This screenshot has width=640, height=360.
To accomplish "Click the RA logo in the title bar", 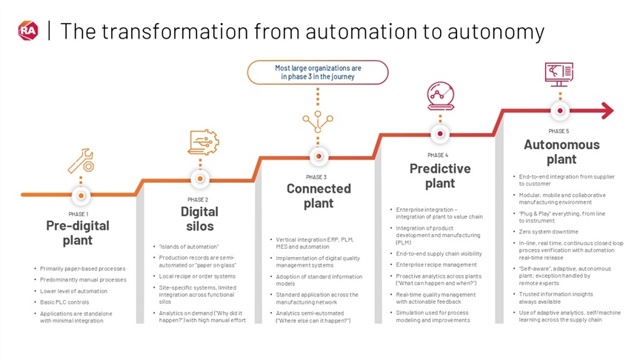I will point(27,30).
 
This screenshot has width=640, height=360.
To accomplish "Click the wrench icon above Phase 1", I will point(79,159).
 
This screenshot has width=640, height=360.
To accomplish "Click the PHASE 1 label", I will point(79,214).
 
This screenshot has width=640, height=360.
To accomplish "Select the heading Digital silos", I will point(199,219).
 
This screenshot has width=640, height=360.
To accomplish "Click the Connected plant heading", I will point(318,196).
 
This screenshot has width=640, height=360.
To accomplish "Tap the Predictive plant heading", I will point(440,176).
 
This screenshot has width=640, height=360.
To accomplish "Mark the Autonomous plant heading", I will point(561,152).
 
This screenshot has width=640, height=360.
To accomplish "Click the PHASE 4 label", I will point(438,155).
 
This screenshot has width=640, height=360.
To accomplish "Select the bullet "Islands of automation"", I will point(189,247).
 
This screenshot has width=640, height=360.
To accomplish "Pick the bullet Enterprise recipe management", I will point(436,264).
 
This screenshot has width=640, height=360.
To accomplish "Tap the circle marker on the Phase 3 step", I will point(319,157).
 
